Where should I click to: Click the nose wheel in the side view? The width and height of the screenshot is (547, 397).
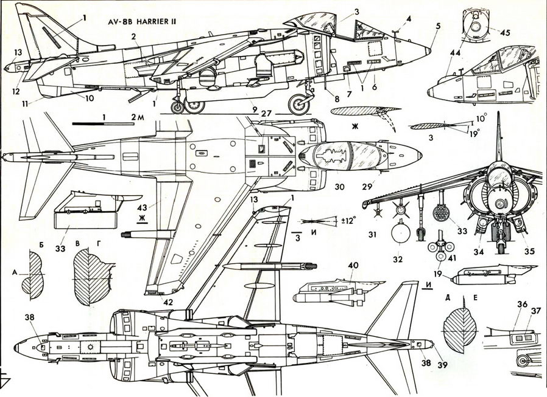pyautogui.click(x=300, y=105)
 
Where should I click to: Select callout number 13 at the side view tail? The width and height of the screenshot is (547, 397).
pyautogui.click(x=18, y=53)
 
